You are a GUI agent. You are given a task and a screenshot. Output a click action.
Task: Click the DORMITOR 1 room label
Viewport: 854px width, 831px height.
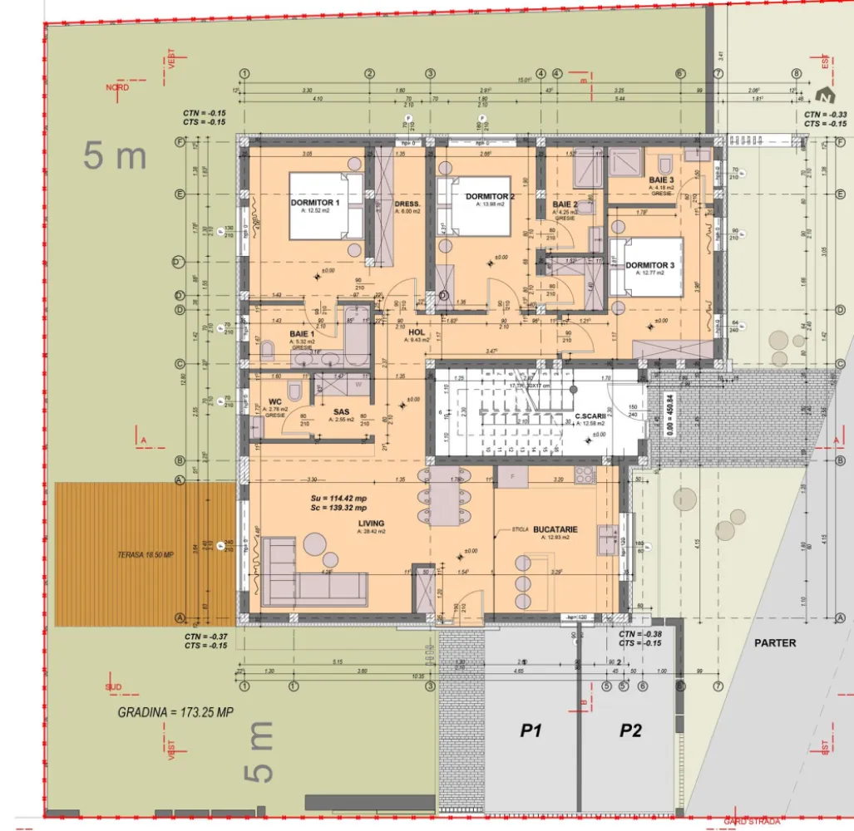tap(315, 204)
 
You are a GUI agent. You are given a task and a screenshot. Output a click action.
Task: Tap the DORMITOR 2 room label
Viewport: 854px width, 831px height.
tap(490, 196)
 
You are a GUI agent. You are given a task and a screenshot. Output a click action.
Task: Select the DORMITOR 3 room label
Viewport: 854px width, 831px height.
tap(650, 266)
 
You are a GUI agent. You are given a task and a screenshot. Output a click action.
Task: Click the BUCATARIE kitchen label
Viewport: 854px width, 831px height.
tap(555, 529)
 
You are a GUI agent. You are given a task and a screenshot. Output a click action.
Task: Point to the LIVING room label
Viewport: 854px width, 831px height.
tap(371, 524)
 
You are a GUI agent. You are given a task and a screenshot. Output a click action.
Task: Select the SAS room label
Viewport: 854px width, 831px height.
tap(341, 411)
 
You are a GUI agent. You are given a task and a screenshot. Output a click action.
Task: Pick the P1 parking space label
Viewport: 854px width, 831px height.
tap(531, 731)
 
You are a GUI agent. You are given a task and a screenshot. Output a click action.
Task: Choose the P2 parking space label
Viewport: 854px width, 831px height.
tap(630, 731)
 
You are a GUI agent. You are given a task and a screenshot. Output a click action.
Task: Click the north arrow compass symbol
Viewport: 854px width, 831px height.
tap(825, 94)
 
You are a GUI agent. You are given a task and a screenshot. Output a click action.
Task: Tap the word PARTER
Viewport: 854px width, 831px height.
tap(775, 642)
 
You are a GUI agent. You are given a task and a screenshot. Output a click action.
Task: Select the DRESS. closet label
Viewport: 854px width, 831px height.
tap(407, 204)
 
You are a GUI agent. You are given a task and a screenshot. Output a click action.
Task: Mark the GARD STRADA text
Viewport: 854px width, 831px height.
tap(752, 821)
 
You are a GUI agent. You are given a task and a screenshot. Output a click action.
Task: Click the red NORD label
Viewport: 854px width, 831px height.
tap(117, 86)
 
